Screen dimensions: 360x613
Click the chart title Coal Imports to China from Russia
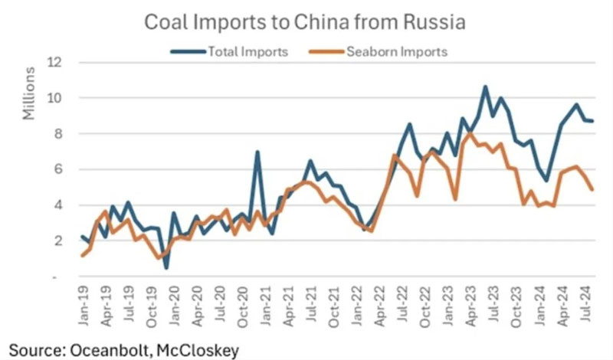point(306,23)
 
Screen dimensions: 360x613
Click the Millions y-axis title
point(29,93)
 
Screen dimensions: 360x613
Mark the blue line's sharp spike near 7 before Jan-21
point(257,152)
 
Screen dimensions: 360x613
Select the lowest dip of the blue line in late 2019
point(166,267)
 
